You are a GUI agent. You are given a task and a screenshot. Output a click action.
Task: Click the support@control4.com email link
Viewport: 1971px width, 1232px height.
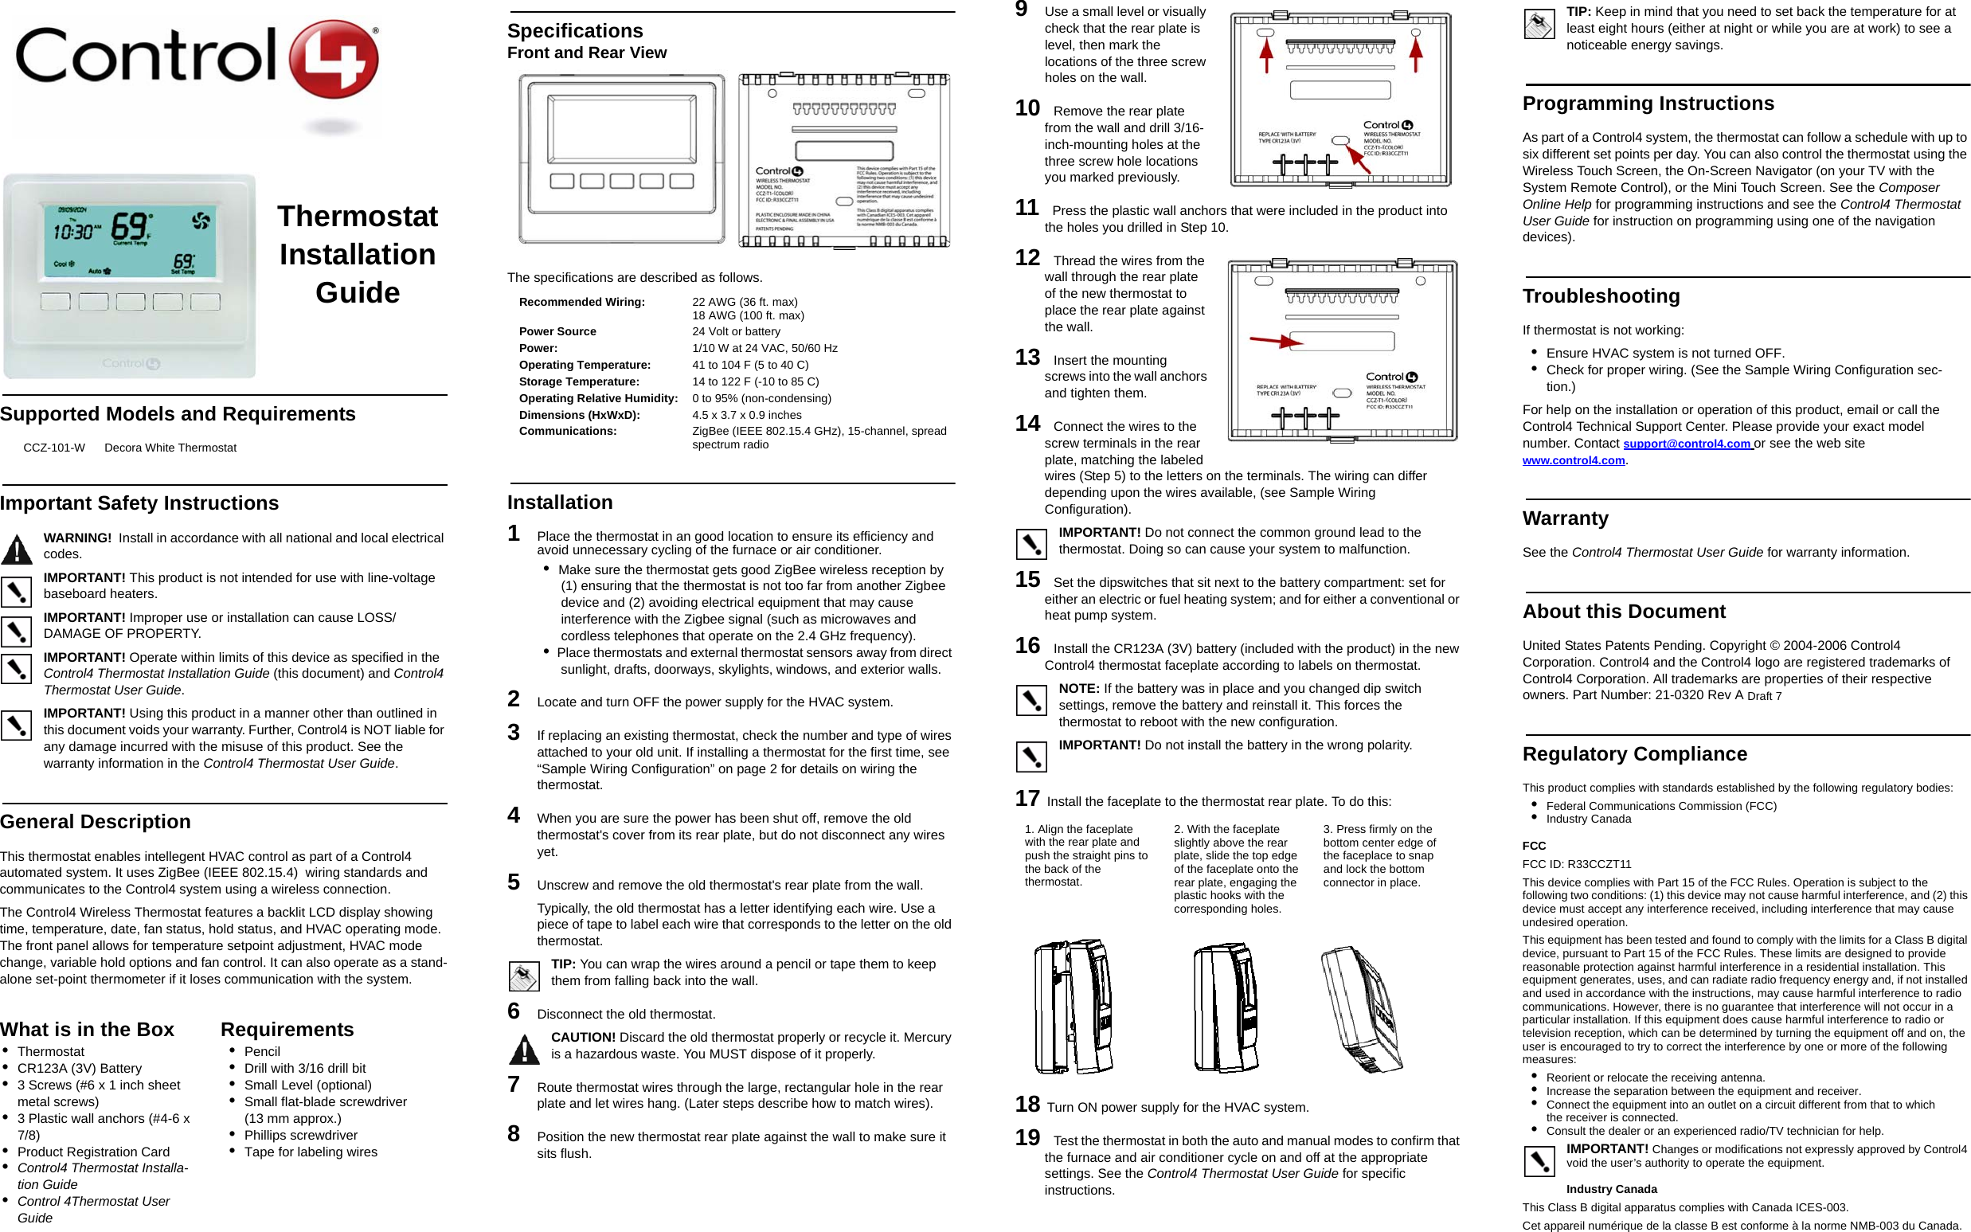pyautogui.click(x=1686, y=444)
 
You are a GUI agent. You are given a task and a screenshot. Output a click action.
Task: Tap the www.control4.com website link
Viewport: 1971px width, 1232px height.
pyautogui.click(x=1573, y=460)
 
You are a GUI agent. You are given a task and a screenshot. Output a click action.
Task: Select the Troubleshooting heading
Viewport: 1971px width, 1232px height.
pyautogui.click(x=1600, y=295)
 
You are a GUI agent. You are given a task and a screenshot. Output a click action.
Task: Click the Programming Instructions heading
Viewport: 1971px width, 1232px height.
pyautogui.click(x=1648, y=104)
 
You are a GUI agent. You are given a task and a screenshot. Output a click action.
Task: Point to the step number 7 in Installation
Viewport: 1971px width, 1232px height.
pyautogui.click(x=514, y=1084)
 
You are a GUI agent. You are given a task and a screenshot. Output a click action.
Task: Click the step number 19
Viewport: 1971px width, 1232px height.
pyautogui.click(x=1027, y=1137)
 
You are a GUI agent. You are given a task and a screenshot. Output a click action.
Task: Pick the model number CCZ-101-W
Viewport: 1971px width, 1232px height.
pyautogui.click(x=54, y=448)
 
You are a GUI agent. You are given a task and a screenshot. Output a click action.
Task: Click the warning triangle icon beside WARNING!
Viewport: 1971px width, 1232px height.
pyautogui.click(x=16, y=550)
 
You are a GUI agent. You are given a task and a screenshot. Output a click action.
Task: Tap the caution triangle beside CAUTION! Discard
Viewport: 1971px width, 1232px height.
pyautogui.click(x=524, y=1050)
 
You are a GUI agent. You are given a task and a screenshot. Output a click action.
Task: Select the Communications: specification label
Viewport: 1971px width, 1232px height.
pyautogui.click(x=567, y=431)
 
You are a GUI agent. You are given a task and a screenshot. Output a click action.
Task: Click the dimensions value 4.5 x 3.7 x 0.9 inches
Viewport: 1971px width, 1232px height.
pyautogui.click(x=746, y=415)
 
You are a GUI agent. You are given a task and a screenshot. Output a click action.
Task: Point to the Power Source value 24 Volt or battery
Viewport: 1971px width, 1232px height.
pyautogui.click(x=736, y=331)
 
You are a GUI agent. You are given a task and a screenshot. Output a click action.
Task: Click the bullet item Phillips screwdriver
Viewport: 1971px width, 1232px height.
pyautogui.click(x=301, y=1135)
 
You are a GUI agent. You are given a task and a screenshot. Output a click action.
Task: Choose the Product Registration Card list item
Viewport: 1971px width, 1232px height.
pyautogui.click(x=93, y=1152)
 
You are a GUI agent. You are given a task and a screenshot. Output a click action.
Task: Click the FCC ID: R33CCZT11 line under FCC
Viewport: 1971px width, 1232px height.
pyautogui.click(x=1576, y=864)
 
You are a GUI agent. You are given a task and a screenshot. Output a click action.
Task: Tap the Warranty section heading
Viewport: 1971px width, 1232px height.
pyautogui.click(x=1564, y=518)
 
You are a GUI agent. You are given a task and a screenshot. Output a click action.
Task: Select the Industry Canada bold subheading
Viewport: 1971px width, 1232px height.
pyautogui.click(x=1611, y=1189)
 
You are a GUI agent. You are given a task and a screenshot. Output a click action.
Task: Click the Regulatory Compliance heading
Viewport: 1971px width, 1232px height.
pyautogui.click(x=1633, y=753)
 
